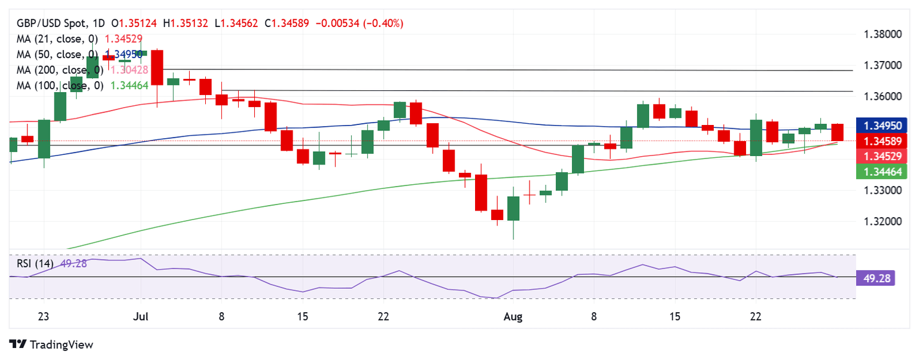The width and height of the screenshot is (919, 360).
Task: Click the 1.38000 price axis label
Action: coord(883,35)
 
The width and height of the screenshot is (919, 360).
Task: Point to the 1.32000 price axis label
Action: coord(883,222)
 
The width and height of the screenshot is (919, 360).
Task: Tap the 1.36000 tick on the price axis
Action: coord(883,97)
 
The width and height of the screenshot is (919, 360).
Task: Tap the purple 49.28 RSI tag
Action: coord(875,277)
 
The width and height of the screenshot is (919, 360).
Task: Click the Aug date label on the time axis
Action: coord(513,316)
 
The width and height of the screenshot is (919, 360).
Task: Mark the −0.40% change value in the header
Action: coord(384,23)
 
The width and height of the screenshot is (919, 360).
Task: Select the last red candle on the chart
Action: coord(837,132)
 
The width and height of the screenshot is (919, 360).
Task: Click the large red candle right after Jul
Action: coord(157,68)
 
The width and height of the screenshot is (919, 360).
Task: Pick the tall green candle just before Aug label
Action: coord(513,208)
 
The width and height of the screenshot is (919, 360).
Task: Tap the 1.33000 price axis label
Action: coord(883,191)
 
